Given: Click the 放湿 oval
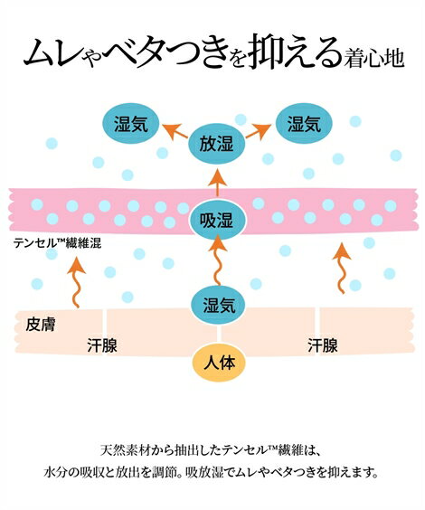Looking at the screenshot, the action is coord(216,144).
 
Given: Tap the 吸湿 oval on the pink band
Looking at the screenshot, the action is coord(216,221).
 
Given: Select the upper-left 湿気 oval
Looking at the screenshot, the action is coord(131,123).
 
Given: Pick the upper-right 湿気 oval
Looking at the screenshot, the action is coord(304,123).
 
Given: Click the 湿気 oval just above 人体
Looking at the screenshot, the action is coord(219,305).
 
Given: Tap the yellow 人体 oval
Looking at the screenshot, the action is coord(219,362).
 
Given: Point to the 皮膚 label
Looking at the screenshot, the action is coord(41,325).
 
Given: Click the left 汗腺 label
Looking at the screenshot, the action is coord(102,345).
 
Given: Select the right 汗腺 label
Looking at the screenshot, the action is coord(323,345).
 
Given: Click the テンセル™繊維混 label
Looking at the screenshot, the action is coord(57,243).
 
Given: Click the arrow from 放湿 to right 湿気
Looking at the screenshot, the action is coord(259,131).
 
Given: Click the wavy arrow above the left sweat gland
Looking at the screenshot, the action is coord(76,281).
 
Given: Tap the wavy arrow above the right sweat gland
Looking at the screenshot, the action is coord(342,268).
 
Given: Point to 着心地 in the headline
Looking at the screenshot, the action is coord(374,58).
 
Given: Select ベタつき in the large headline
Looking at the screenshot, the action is coord(166,52).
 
